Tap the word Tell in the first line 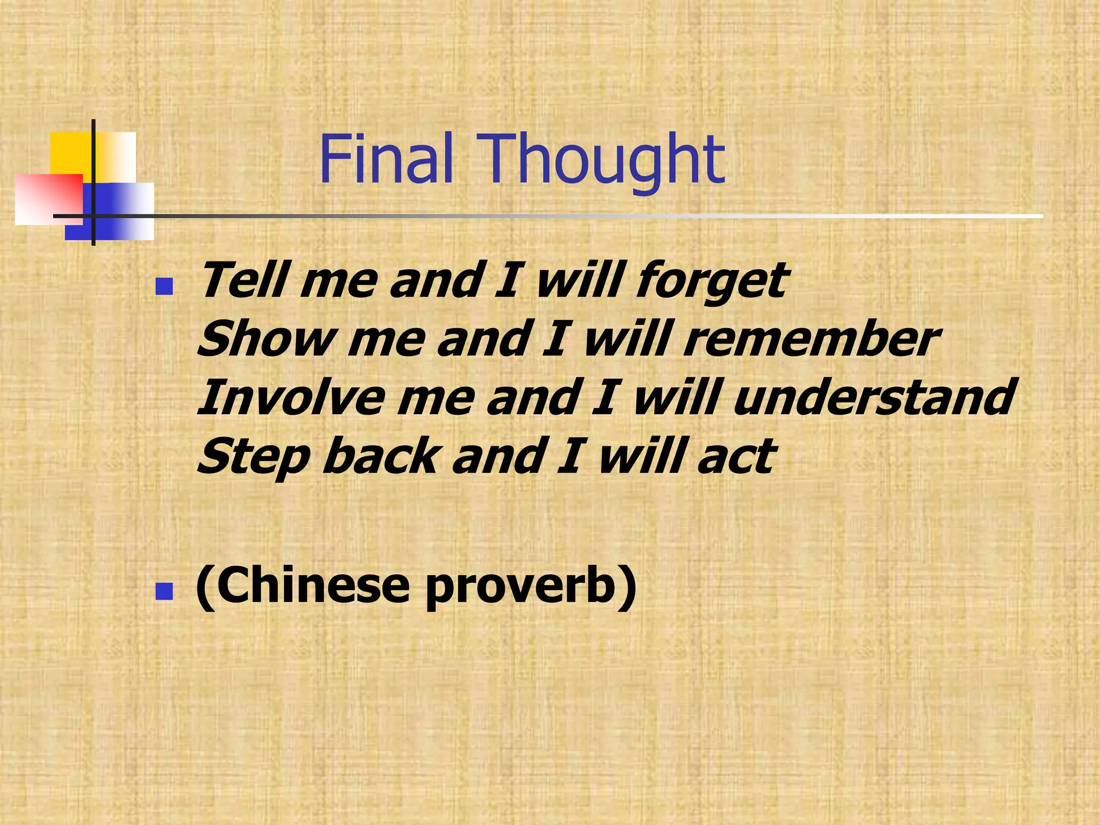tap(244, 280)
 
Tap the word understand tap(873, 398)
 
